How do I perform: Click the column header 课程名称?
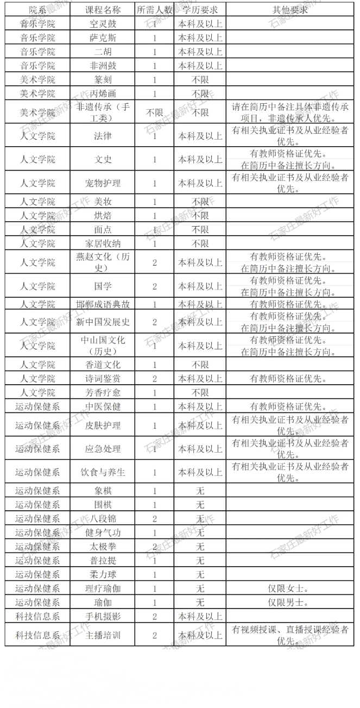103,10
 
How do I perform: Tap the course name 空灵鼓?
103,24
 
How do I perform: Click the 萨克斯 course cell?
103,38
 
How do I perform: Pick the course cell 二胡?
103,52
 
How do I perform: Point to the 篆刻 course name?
103,80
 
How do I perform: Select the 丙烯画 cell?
103,93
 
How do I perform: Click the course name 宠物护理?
103,183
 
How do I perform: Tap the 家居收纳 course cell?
103,243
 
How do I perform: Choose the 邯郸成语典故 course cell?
103,304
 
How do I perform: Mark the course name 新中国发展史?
103,322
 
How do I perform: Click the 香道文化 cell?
103,365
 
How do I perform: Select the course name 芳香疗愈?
103,392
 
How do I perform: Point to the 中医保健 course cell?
103,406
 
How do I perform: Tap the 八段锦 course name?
103,518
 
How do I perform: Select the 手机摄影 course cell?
103,616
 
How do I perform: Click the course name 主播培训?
103,635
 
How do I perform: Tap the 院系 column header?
37,10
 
